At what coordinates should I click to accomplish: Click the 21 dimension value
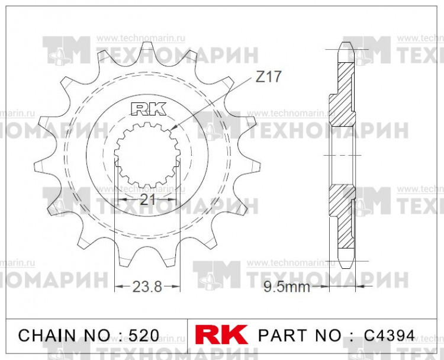point(147,200)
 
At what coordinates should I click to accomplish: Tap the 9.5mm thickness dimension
point(287,288)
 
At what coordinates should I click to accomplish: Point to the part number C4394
point(389,335)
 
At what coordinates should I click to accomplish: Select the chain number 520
point(144,335)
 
